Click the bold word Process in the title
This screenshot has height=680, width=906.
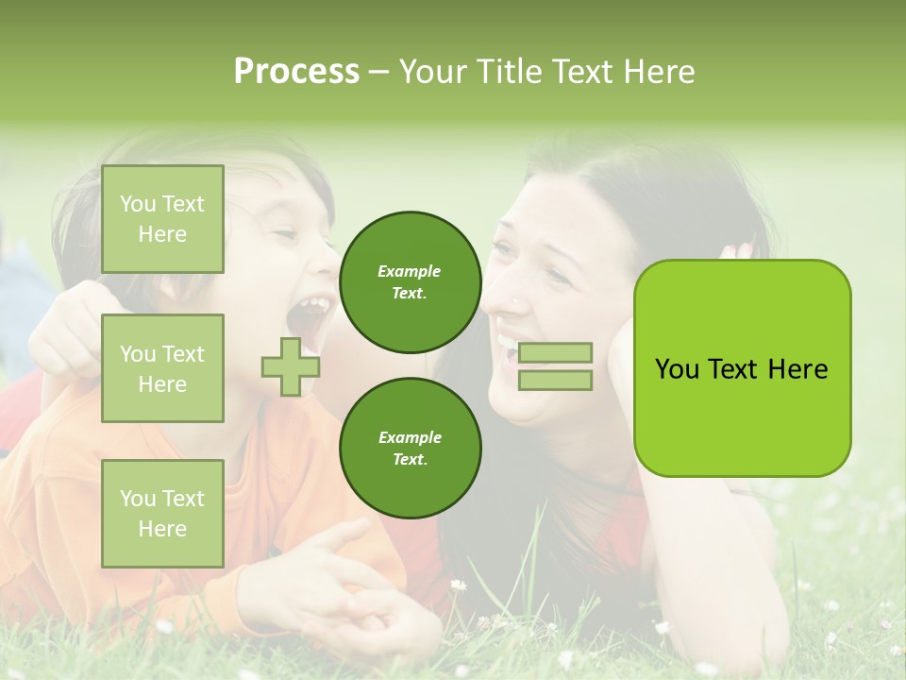point(296,72)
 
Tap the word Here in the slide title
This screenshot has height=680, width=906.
point(655,72)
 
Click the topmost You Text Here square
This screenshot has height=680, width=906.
point(162,219)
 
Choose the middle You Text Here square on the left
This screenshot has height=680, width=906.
point(162,368)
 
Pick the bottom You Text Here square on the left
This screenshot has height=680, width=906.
point(162,513)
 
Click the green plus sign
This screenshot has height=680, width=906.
point(291,367)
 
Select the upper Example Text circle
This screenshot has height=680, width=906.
point(410,282)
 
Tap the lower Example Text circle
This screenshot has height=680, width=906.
point(410,449)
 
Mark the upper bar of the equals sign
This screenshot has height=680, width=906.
point(555,352)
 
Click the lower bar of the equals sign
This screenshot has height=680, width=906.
point(555,381)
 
